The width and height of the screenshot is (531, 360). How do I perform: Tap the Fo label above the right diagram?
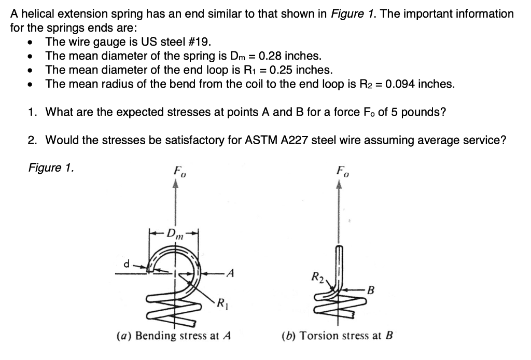point(342,170)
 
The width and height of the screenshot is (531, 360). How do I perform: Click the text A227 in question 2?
point(290,140)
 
